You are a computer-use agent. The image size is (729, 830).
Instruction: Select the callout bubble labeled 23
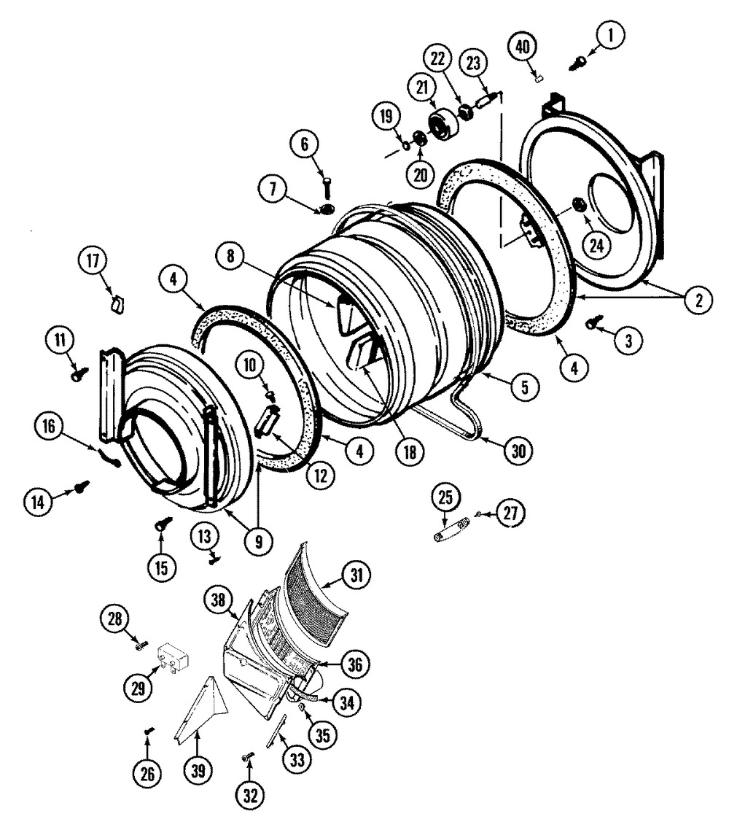pyautogui.click(x=475, y=63)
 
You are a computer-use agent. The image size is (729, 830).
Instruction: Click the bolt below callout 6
pyautogui.click(x=325, y=185)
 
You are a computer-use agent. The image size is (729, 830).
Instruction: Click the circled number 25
pyautogui.click(x=445, y=498)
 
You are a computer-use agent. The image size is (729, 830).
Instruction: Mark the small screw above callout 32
pyautogui.click(x=248, y=759)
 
